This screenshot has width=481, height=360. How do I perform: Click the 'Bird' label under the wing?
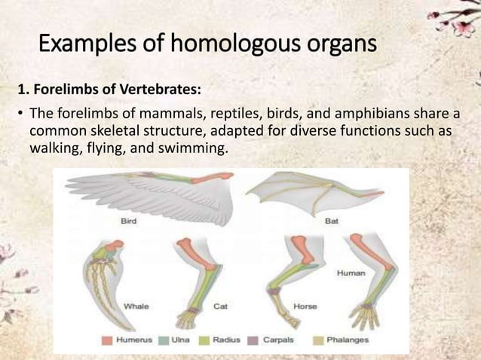pos(129,221)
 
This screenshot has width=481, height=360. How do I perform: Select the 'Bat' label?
pos(332,221)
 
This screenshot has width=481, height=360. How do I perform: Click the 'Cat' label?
pos(221,306)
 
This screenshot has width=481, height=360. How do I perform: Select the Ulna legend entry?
pos(176,340)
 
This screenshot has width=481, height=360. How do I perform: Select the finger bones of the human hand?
pos(366,317)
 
